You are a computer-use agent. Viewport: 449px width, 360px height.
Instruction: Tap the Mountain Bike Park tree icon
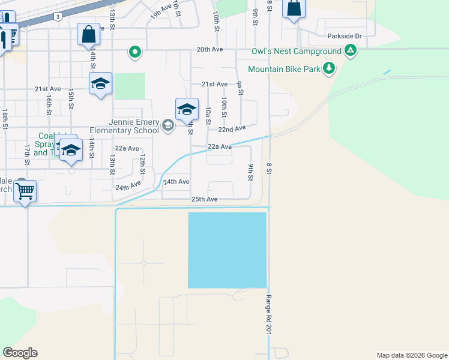click(328, 69)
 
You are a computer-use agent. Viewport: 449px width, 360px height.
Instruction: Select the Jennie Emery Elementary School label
click(125, 125)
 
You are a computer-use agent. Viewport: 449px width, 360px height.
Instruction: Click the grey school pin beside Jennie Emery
click(167, 126)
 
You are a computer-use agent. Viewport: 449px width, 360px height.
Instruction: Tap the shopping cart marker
click(25, 191)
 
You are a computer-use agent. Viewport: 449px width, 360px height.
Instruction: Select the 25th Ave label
click(204, 199)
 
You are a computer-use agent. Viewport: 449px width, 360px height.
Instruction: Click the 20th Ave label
click(209, 51)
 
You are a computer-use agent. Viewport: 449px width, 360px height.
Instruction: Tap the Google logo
click(20, 353)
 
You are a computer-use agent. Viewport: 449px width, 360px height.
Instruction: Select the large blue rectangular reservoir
click(228, 250)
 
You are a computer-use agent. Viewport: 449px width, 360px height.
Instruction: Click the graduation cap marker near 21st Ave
click(100, 84)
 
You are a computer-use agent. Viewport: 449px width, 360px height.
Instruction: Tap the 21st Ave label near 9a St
click(214, 85)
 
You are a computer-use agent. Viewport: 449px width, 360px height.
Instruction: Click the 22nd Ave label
click(232, 129)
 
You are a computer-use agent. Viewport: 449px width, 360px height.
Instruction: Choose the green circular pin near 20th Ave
click(136, 52)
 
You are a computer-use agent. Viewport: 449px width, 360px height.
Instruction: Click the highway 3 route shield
click(56, 16)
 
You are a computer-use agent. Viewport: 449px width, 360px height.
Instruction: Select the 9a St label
click(240, 88)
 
